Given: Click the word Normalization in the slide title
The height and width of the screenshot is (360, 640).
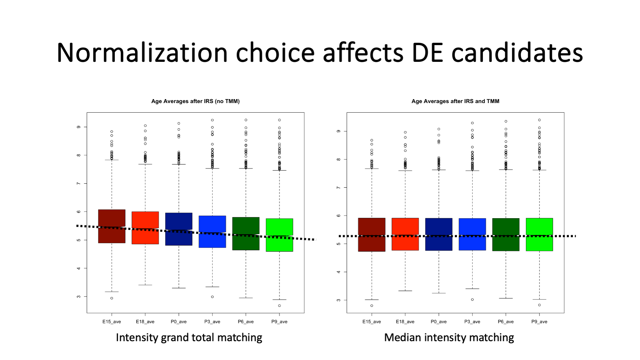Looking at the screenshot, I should coord(142,53).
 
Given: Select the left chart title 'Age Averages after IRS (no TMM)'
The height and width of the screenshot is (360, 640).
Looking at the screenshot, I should coord(195,101).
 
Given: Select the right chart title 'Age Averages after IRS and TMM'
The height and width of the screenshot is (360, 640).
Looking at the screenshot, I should coord(455,101).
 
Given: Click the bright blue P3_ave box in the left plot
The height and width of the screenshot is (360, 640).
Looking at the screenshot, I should coord(212,224).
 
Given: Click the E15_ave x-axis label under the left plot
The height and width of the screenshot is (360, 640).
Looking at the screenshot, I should coord(112,322).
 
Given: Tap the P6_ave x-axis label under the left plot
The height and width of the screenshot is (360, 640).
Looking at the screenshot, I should coord(246,322).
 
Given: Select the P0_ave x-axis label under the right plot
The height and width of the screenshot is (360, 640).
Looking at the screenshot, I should coord(439,322).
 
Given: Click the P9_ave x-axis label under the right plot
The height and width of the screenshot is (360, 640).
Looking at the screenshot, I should coord(539,322).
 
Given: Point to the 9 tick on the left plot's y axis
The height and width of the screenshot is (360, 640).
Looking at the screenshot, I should coord(79,127).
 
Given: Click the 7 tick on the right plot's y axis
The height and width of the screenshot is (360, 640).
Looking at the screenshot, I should coord(339,187).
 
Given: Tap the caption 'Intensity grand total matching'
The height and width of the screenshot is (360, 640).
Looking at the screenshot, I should coord(189,337).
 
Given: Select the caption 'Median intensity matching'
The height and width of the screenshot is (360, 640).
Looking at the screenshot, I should coord(449,337).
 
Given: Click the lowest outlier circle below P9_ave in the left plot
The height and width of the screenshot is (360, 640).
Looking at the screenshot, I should coord(279,306).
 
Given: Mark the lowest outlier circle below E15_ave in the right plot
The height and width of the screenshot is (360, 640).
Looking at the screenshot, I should coord(372,306).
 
